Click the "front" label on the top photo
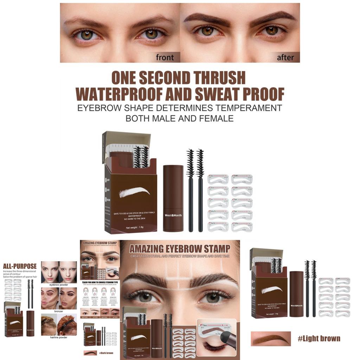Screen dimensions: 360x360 165,57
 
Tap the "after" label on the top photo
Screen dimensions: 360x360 285,57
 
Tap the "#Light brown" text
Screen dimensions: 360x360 319,339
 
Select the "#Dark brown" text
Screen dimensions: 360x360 106,353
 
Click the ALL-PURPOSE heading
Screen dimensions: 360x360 20,266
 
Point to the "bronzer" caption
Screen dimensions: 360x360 59,311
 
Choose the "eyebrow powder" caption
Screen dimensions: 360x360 59,285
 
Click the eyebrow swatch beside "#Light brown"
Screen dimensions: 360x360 271,339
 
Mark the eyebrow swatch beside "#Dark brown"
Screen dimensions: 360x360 90,353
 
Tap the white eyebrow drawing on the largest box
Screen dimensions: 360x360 134,192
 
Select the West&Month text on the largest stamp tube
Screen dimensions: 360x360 173,215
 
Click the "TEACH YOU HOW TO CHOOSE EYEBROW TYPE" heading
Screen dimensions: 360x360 100,282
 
